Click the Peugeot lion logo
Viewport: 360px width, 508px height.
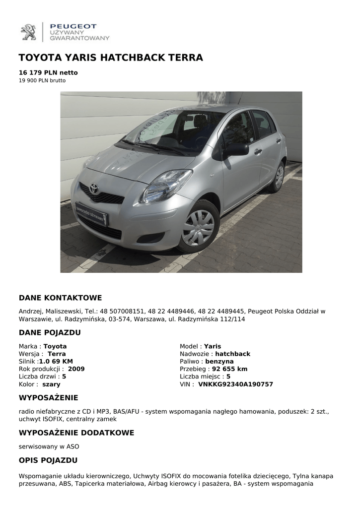coord(28,32)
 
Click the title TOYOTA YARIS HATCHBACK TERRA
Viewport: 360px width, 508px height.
coord(111,58)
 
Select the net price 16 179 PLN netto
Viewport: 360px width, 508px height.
coord(48,72)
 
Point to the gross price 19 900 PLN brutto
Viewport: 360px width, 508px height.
coord(42,80)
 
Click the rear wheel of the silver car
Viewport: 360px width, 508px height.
coord(279,176)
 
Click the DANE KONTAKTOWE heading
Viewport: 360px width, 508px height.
coord(60,298)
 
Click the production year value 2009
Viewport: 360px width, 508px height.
coord(76,369)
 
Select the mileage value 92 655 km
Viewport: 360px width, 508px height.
coord(229,369)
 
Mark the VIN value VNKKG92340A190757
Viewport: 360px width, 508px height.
coord(235,384)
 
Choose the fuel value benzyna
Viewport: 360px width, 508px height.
coord(219,362)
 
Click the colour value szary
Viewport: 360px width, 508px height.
coord(51,384)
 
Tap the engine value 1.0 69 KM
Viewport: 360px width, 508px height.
coord(56,362)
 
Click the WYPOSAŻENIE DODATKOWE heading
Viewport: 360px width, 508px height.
coord(76,433)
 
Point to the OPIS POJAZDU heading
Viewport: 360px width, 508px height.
coord(48,460)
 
